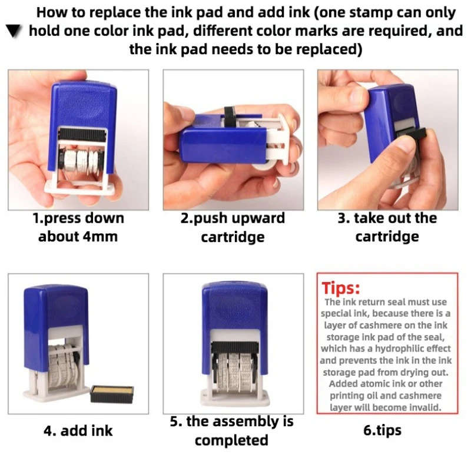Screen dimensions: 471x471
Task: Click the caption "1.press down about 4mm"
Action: (78, 227)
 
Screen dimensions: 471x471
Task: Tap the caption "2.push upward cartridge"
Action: (233, 227)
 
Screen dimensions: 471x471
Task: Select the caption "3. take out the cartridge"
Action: (387, 227)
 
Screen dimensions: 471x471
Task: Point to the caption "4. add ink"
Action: (78, 430)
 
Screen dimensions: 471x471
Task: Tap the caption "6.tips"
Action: (382, 430)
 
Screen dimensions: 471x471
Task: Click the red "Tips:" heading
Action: (341, 288)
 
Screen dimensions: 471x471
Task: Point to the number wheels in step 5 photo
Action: (233, 371)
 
